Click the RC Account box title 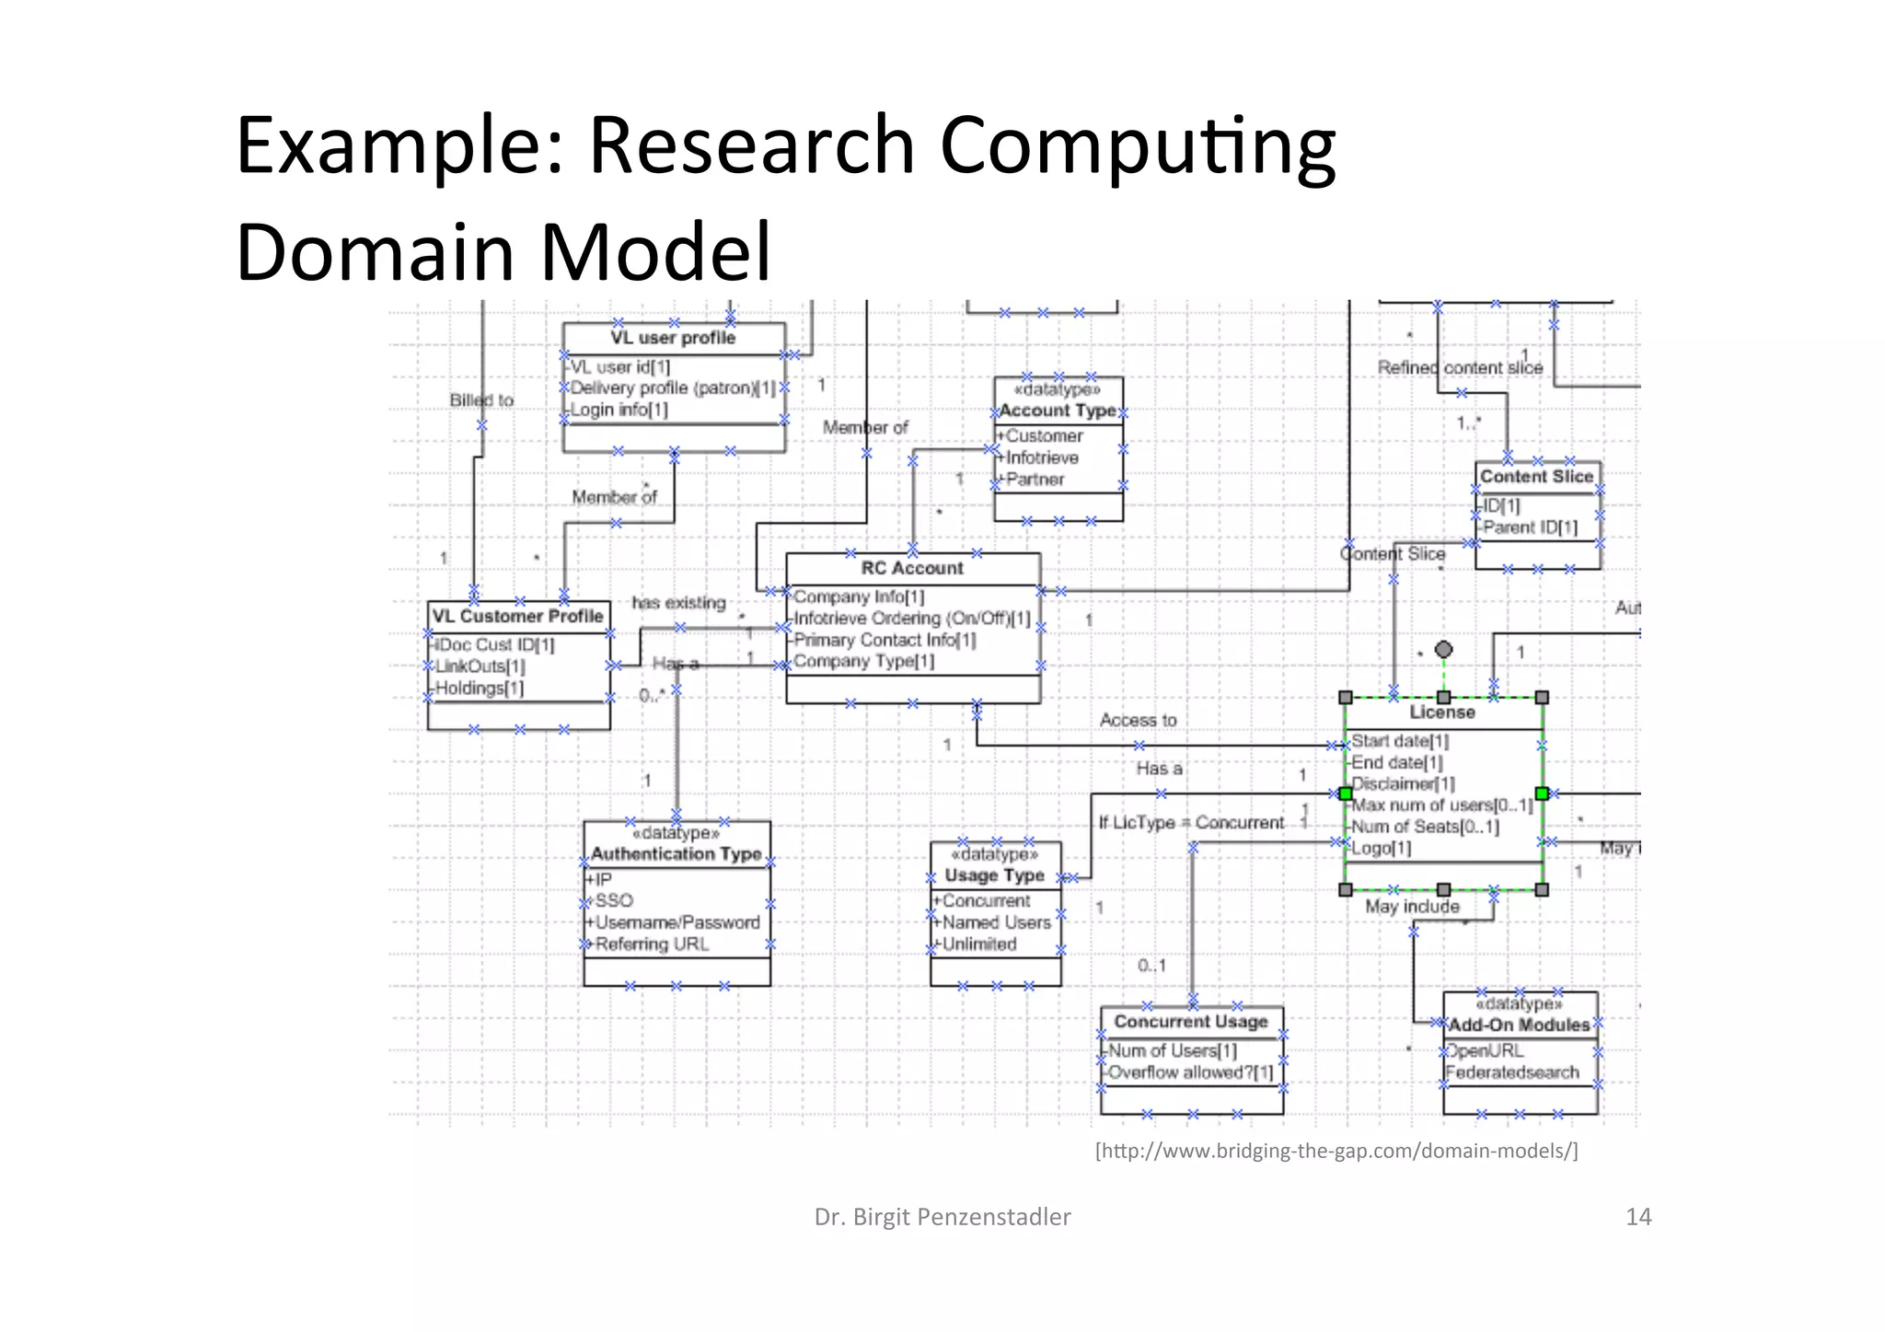(912, 568)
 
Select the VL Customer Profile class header (517, 616)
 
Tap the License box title (1442, 712)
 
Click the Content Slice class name (1536, 476)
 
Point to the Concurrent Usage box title (1191, 1021)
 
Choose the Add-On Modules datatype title (1519, 1025)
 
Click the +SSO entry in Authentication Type (613, 900)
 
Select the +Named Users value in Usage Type (995, 922)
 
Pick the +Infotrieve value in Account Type (1041, 458)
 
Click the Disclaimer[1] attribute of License (1403, 783)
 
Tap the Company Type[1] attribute (863, 661)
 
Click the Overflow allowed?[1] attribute (1190, 1072)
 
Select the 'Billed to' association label (481, 400)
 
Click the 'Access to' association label (1138, 720)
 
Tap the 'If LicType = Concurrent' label (1191, 822)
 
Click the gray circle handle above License (1443, 650)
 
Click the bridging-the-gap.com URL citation (1336, 1151)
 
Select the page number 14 (1638, 1217)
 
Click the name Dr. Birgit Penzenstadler (942, 1217)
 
